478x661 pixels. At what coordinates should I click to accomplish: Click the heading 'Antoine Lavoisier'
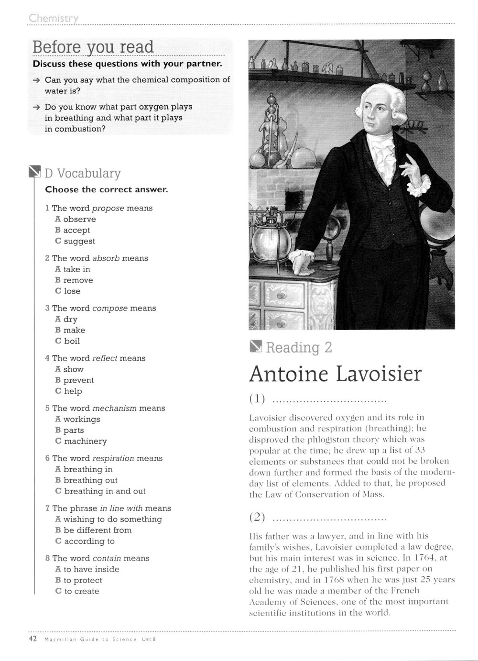[x=335, y=374]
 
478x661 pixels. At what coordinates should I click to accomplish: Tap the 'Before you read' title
[x=93, y=47]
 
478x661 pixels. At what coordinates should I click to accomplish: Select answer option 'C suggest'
[x=75, y=242]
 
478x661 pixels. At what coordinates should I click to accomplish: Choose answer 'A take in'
[x=73, y=269]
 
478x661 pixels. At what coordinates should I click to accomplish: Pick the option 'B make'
[x=70, y=330]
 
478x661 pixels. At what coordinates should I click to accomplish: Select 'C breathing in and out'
[x=100, y=491]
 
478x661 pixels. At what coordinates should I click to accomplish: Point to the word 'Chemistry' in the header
[x=53, y=18]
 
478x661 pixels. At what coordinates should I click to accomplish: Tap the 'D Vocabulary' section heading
[x=82, y=173]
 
